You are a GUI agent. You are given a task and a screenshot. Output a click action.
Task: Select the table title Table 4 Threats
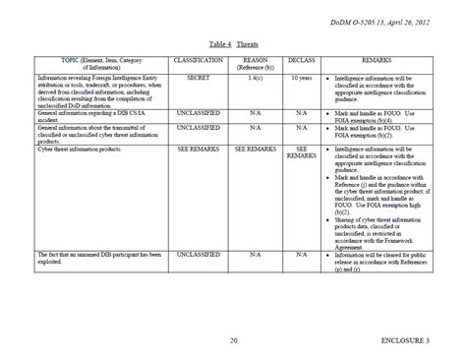[x=233, y=44]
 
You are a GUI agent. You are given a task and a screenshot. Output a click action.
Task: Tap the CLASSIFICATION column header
[x=200, y=61]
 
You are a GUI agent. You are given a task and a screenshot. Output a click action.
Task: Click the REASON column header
[x=256, y=63]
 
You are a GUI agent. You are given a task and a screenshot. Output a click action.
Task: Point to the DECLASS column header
[x=301, y=61]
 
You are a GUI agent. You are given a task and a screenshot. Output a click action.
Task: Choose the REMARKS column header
[x=378, y=61]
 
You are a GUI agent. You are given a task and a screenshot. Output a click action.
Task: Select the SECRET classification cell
[x=200, y=76]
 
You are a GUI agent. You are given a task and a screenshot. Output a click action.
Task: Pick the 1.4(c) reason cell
[x=256, y=76]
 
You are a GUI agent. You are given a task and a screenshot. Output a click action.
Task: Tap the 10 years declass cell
[x=301, y=76]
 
